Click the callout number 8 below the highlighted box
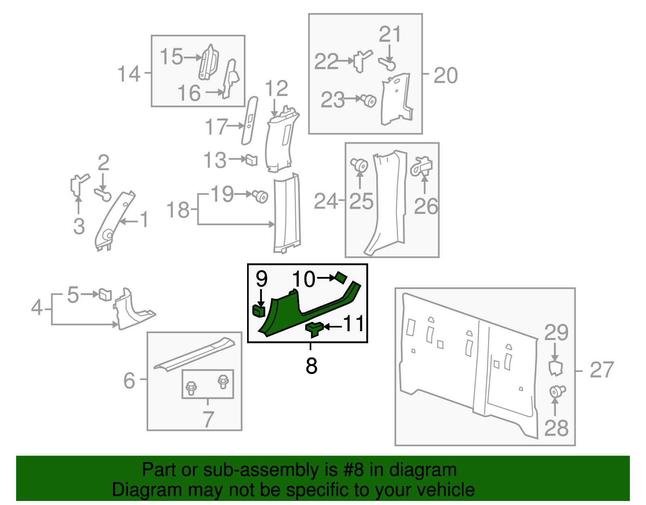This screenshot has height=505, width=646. [311, 366]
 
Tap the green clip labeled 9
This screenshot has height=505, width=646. [259, 311]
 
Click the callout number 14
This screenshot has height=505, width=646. [129, 74]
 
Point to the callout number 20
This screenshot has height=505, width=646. [446, 75]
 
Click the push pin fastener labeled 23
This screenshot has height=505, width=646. [369, 101]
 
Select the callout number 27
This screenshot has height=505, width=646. [602, 370]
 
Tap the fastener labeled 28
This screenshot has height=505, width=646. [558, 392]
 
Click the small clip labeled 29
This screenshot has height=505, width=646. [555, 368]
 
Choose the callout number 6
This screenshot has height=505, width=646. [129, 380]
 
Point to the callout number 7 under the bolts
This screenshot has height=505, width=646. [208, 419]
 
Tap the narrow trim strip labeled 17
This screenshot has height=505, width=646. [250, 121]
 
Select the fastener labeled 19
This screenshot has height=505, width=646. [260, 197]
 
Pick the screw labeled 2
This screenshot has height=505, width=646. [103, 194]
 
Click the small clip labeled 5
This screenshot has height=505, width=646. [105, 294]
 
